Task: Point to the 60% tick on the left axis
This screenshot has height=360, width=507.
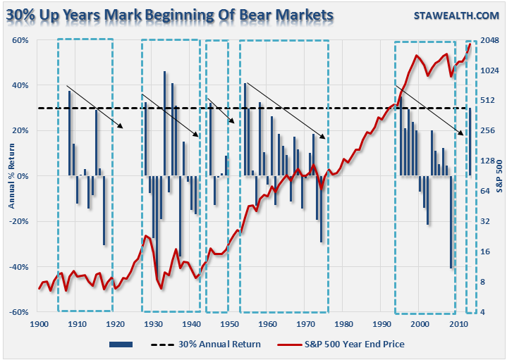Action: [20, 40]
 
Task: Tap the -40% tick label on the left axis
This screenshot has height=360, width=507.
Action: [18, 267]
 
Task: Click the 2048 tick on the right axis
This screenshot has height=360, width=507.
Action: [489, 40]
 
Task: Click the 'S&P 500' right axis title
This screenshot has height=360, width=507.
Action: [498, 176]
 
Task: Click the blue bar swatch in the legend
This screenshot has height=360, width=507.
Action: [121, 344]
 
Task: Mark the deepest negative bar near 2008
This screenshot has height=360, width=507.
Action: [451, 222]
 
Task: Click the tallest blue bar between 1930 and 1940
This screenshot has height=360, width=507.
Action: [164, 123]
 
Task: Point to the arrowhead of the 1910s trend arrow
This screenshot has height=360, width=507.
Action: [123, 128]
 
